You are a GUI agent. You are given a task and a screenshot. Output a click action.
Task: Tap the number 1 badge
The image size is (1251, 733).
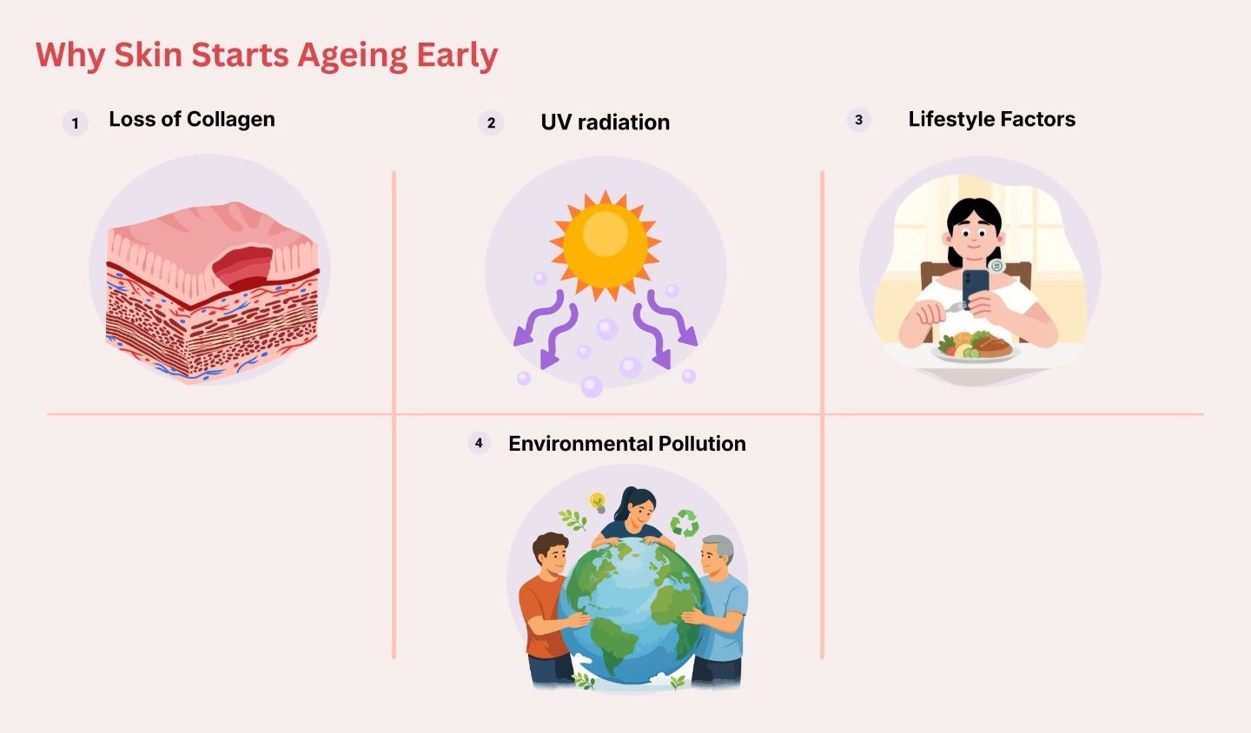pos(75,122)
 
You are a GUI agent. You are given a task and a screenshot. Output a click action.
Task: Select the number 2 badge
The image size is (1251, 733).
pos(491,122)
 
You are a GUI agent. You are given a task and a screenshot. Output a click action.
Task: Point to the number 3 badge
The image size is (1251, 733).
pos(859,120)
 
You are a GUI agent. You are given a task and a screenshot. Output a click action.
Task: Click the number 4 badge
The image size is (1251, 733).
pos(479,443)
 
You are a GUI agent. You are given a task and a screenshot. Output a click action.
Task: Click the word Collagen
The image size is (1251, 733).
pos(230,120)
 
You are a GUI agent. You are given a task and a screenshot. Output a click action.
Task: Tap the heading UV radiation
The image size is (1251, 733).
pos(605,122)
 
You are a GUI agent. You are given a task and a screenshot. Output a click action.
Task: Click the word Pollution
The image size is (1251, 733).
pos(702,444)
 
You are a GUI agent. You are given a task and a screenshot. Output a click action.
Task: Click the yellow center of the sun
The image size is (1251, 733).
pos(606,245)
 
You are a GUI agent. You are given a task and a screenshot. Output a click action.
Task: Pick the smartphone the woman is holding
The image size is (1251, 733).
pos(975,287)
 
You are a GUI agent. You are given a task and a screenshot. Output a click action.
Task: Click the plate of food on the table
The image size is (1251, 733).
pos(975,348)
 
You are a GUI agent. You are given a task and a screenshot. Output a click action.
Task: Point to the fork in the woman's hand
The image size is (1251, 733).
pos(956,306)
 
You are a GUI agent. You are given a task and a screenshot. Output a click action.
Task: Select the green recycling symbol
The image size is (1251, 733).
pos(685,523)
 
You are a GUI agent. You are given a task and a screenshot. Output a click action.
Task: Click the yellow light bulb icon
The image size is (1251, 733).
pos(598,502)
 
